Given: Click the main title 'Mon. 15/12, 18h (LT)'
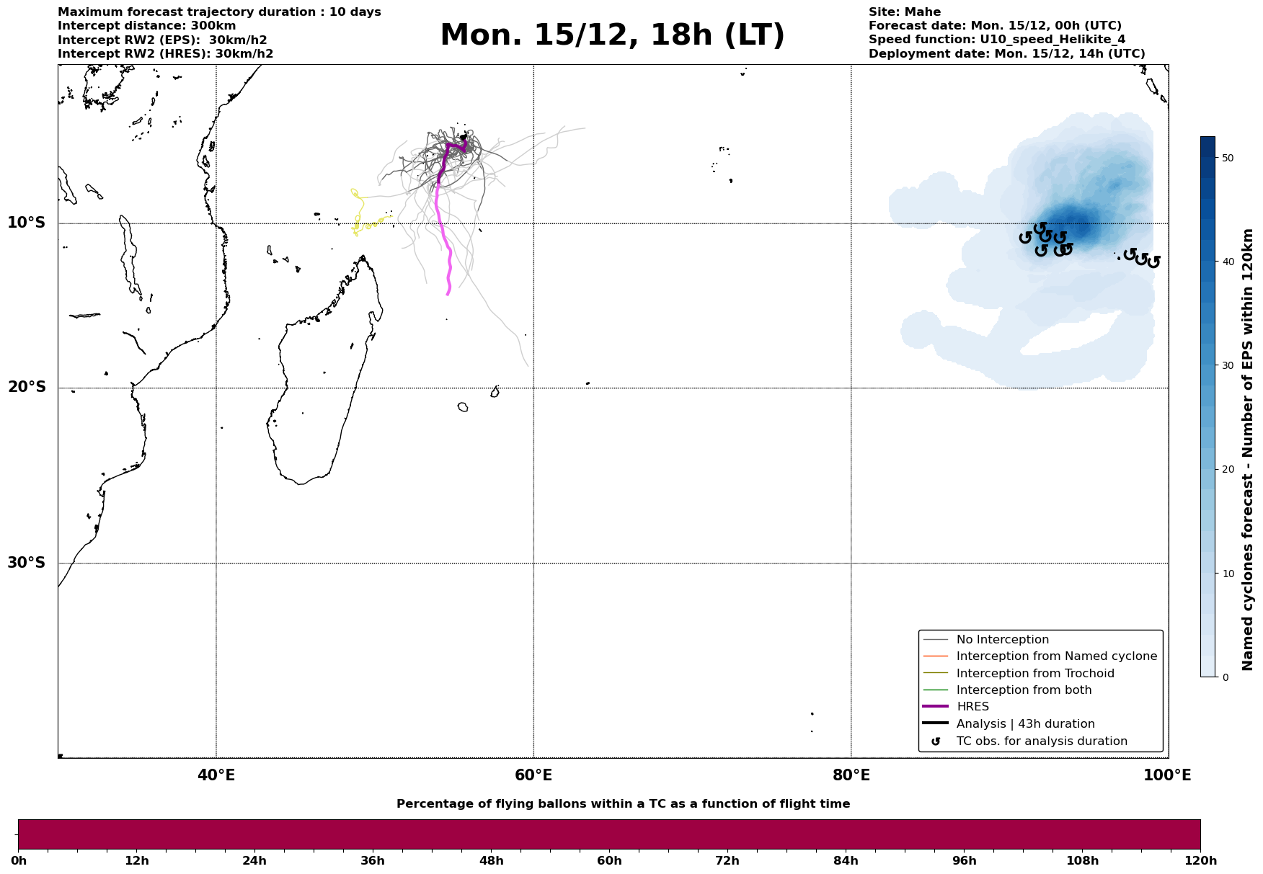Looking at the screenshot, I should (x=612, y=35).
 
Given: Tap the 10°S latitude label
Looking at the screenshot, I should (x=27, y=223).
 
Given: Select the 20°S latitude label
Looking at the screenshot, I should (x=27, y=388).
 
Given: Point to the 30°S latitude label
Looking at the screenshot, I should (x=27, y=563).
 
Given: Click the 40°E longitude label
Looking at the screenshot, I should (x=216, y=775).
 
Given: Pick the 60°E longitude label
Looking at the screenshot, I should (x=533, y=775).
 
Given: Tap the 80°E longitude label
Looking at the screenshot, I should (x=851, y=775).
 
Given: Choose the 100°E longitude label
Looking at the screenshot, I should (x=1167, y=775).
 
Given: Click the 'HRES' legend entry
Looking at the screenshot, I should (x=972, y=707).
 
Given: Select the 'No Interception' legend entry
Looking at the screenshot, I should (x=1002, y=640).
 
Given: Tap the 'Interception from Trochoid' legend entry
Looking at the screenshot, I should (x=1034, y=674).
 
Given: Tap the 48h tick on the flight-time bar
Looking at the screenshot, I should (x=491, y=861).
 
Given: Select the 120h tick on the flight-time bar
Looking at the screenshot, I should (x=1200, y=861).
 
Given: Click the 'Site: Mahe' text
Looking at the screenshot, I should (x=904, y=12).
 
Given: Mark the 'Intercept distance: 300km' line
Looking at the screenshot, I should (x=147, y=26).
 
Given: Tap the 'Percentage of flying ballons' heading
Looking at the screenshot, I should (x=623, y=804).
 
